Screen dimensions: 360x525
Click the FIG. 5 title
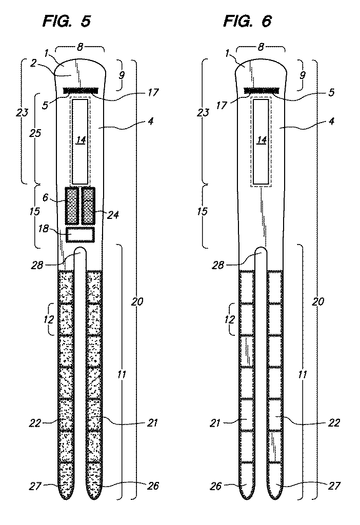(67, 22)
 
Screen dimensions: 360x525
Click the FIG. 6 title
(248, 22)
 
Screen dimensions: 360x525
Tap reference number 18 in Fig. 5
(44, 229)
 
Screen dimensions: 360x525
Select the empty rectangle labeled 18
(81, 234)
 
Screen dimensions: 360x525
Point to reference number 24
(113, 214)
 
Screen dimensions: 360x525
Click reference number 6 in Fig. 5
(45, 197)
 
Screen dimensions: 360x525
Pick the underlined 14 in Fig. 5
(81, 140)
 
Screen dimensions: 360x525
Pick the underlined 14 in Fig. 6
(262, 140)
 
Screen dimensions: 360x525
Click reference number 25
(35, 133)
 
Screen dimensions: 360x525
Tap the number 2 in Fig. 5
(33, 63)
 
